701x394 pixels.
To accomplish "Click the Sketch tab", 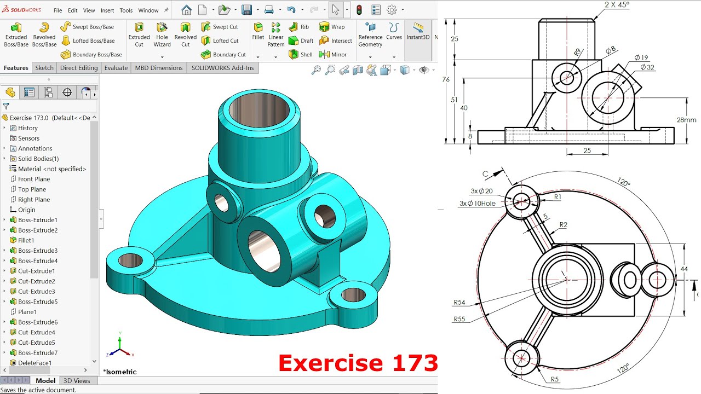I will [x=44, y=68].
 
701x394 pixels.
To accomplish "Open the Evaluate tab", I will [x=116, y=68].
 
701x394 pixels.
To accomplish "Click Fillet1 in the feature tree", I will [x=26, y=240].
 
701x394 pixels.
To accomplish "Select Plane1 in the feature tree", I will [x=27, y=312].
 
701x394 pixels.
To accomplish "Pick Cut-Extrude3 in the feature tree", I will [x=36, y=292].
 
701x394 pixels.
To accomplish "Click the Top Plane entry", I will [x=32, y=189].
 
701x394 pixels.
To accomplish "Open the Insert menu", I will [x=107, y=10].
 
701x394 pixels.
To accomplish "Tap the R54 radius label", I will [x=459, y=303].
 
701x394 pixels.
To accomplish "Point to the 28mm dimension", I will [x=686, y=120].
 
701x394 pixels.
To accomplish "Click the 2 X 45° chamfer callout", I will [x=617, y=5].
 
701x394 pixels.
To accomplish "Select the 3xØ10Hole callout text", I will [x=477, y=204].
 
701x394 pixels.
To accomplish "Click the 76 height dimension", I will [x=446, y=80].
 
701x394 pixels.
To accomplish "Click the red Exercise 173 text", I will [x=358, y=363].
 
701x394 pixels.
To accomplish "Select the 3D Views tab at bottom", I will [x=77, y=381].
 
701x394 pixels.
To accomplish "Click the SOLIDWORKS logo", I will [x=21, y=10].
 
